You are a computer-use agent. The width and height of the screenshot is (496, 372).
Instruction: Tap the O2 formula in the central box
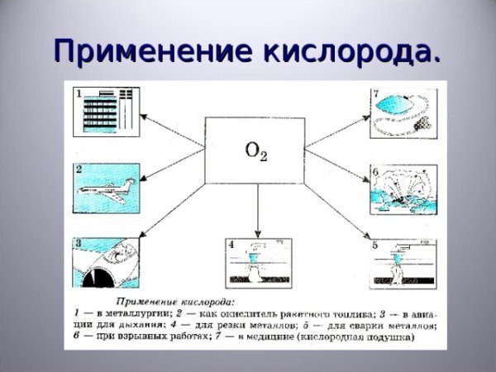coord(257,150)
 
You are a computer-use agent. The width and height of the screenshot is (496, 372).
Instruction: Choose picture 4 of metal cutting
coord(258,263)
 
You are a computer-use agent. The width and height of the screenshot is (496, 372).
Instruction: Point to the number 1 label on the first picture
coord(79,93)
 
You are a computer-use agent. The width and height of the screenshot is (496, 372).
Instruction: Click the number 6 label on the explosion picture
coord(374,172)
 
